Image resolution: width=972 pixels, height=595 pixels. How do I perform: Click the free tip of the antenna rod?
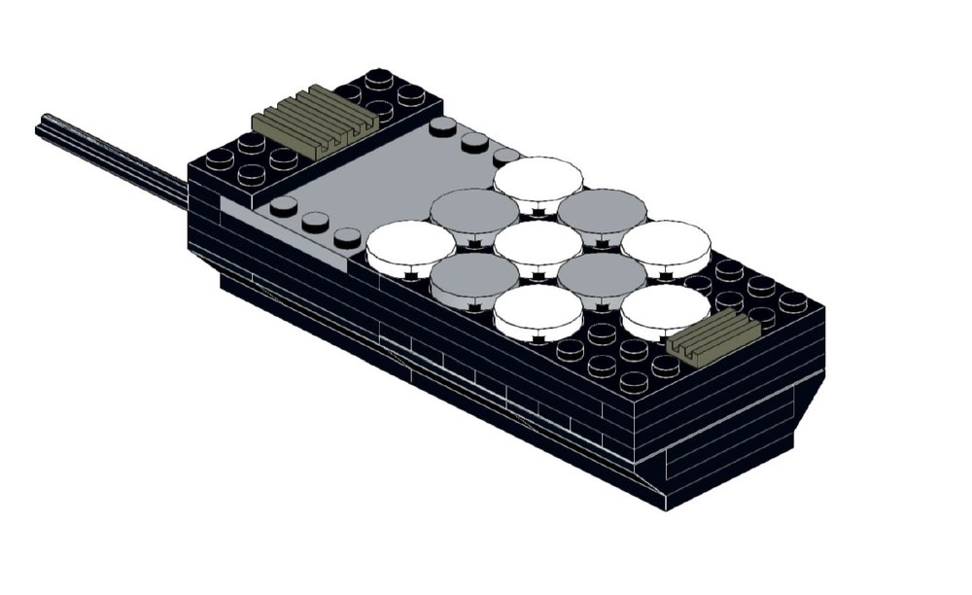(x=42, y=125)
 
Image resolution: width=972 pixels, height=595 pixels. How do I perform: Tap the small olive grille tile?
(x=713, y=336)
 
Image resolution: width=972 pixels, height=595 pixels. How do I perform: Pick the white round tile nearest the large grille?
(x=538, y=178)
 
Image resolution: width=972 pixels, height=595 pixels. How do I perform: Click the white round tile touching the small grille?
(x=665, y=306)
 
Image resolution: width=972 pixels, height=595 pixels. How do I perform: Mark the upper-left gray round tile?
(x=474, y=209)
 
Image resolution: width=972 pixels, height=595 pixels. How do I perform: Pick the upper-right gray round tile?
(x=602, y=209)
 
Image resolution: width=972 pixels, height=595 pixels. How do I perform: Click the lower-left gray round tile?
(x=474, y=274)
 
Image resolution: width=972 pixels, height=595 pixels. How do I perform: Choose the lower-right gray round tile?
(x=602, y=274)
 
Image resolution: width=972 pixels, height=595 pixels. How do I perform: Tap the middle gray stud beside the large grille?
(x=474, y=140)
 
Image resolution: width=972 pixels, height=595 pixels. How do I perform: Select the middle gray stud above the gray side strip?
(x=315, y=220)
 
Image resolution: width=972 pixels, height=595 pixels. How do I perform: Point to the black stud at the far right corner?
(x=792, y=300)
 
